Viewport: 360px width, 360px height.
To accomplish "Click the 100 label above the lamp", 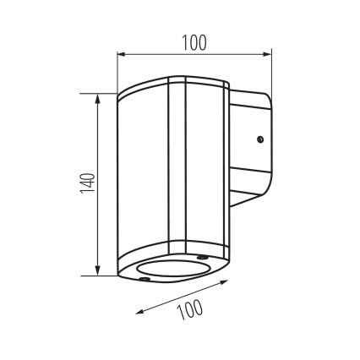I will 193,41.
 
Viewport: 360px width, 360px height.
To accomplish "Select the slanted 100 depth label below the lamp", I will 191,312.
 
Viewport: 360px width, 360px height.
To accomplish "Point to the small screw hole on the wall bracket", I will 260,138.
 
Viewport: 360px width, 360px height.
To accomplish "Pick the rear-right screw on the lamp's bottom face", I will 200,255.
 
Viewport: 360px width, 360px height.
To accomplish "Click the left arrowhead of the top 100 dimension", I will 120,56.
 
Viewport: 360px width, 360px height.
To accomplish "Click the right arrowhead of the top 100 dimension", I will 270,56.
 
